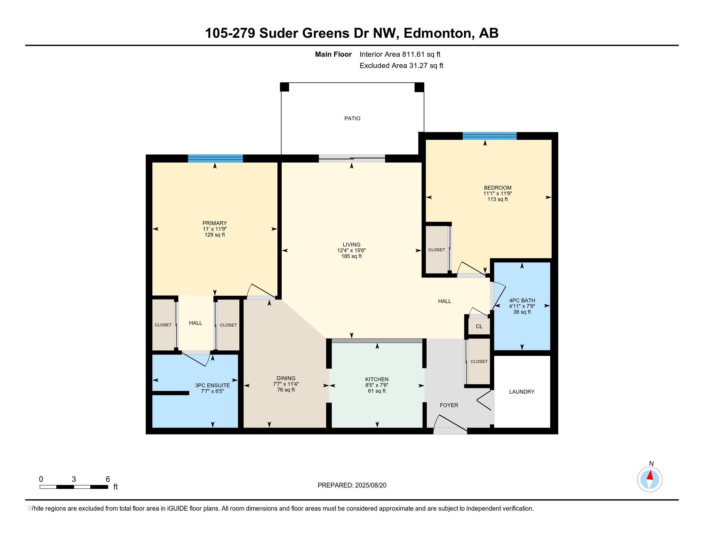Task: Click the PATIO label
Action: [x=352, y=119]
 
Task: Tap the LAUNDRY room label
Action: [x=522, y=392]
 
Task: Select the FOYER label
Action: [x=449, y=405]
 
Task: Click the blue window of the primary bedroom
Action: [x=215, y=158]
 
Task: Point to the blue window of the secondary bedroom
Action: [x=489, y=136]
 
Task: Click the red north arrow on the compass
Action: [x=650, y=475]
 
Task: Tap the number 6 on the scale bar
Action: [x=108, y=479]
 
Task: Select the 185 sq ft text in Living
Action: [x=351, y=256]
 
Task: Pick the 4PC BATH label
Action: [x=522, y=300]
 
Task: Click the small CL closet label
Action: [x=479, y=326]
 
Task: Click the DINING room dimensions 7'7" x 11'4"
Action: [x=286, y=384]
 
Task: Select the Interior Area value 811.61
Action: [x=413, y=54]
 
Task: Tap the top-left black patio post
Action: [x=284, y=87]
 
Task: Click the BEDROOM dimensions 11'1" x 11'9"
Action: [x=497, y=194]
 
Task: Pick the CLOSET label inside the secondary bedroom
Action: [x=436, y=250]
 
